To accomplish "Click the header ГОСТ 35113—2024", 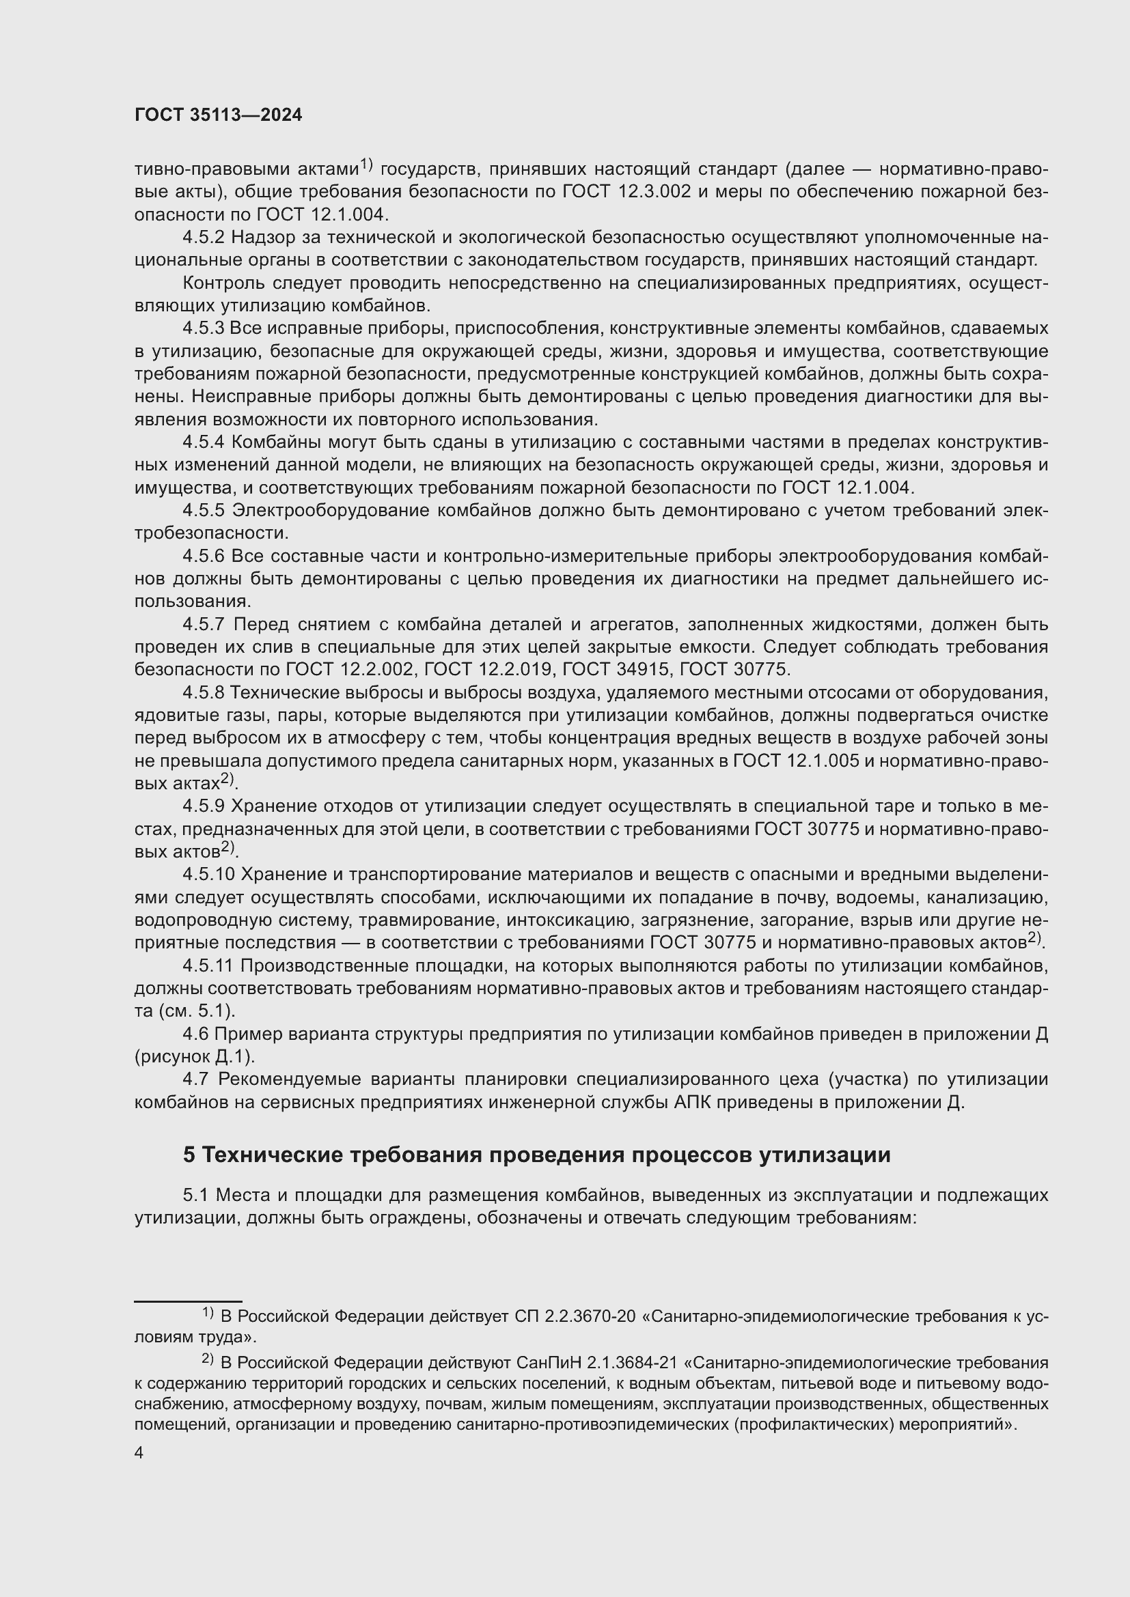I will tap(219, 115).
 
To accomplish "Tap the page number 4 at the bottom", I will tap(139, 1453).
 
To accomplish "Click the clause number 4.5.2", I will tap(203, 237).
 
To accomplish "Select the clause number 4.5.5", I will tap(203, 511).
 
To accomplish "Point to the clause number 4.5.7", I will tap(203, 625).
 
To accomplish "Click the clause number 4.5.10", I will tap(208, 875).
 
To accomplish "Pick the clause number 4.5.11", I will tap(208, 965).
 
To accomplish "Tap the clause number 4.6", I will tap(195, 1034).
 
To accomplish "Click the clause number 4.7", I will tap(195, 1079).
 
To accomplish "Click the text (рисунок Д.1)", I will tap(195, 1056).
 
